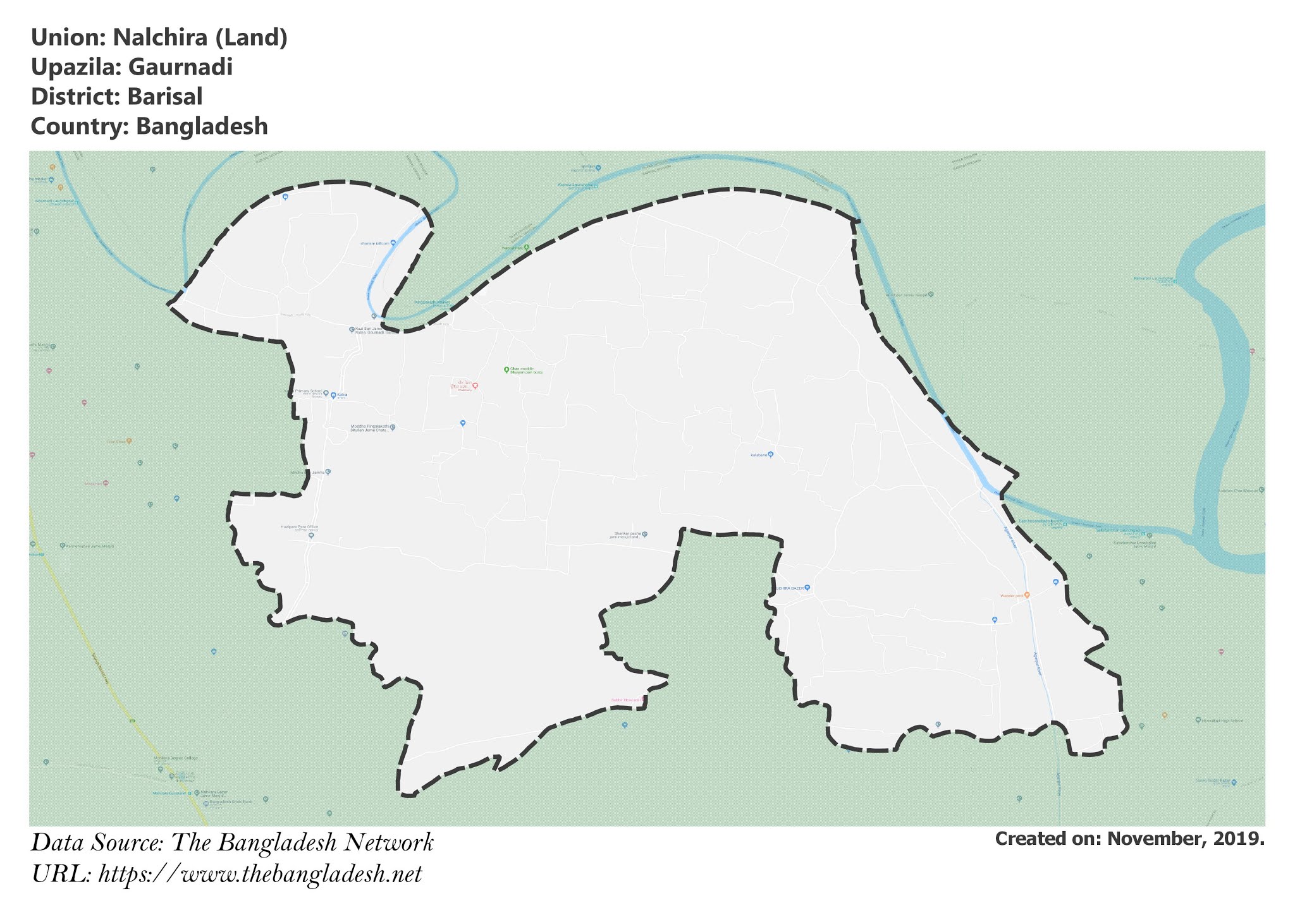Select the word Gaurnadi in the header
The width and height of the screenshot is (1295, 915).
(180, 67)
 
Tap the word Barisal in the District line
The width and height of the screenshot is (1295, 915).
(164, 97)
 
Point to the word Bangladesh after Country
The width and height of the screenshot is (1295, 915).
(202, 126)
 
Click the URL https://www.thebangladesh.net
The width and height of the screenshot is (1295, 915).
(260, 875)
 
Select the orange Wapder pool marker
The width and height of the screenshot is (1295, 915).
(1027, 595)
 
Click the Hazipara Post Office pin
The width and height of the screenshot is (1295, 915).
(311, 536)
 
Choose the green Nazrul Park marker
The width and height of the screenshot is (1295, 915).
(526, 247)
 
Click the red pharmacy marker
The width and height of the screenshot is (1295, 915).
(475, 385)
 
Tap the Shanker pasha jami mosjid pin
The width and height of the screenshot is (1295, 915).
(644, 535)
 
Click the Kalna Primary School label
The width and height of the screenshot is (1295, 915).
(308, 392)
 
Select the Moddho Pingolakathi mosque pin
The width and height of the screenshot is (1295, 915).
(392, 428)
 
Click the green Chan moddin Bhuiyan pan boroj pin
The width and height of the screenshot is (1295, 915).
(506, 370)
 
